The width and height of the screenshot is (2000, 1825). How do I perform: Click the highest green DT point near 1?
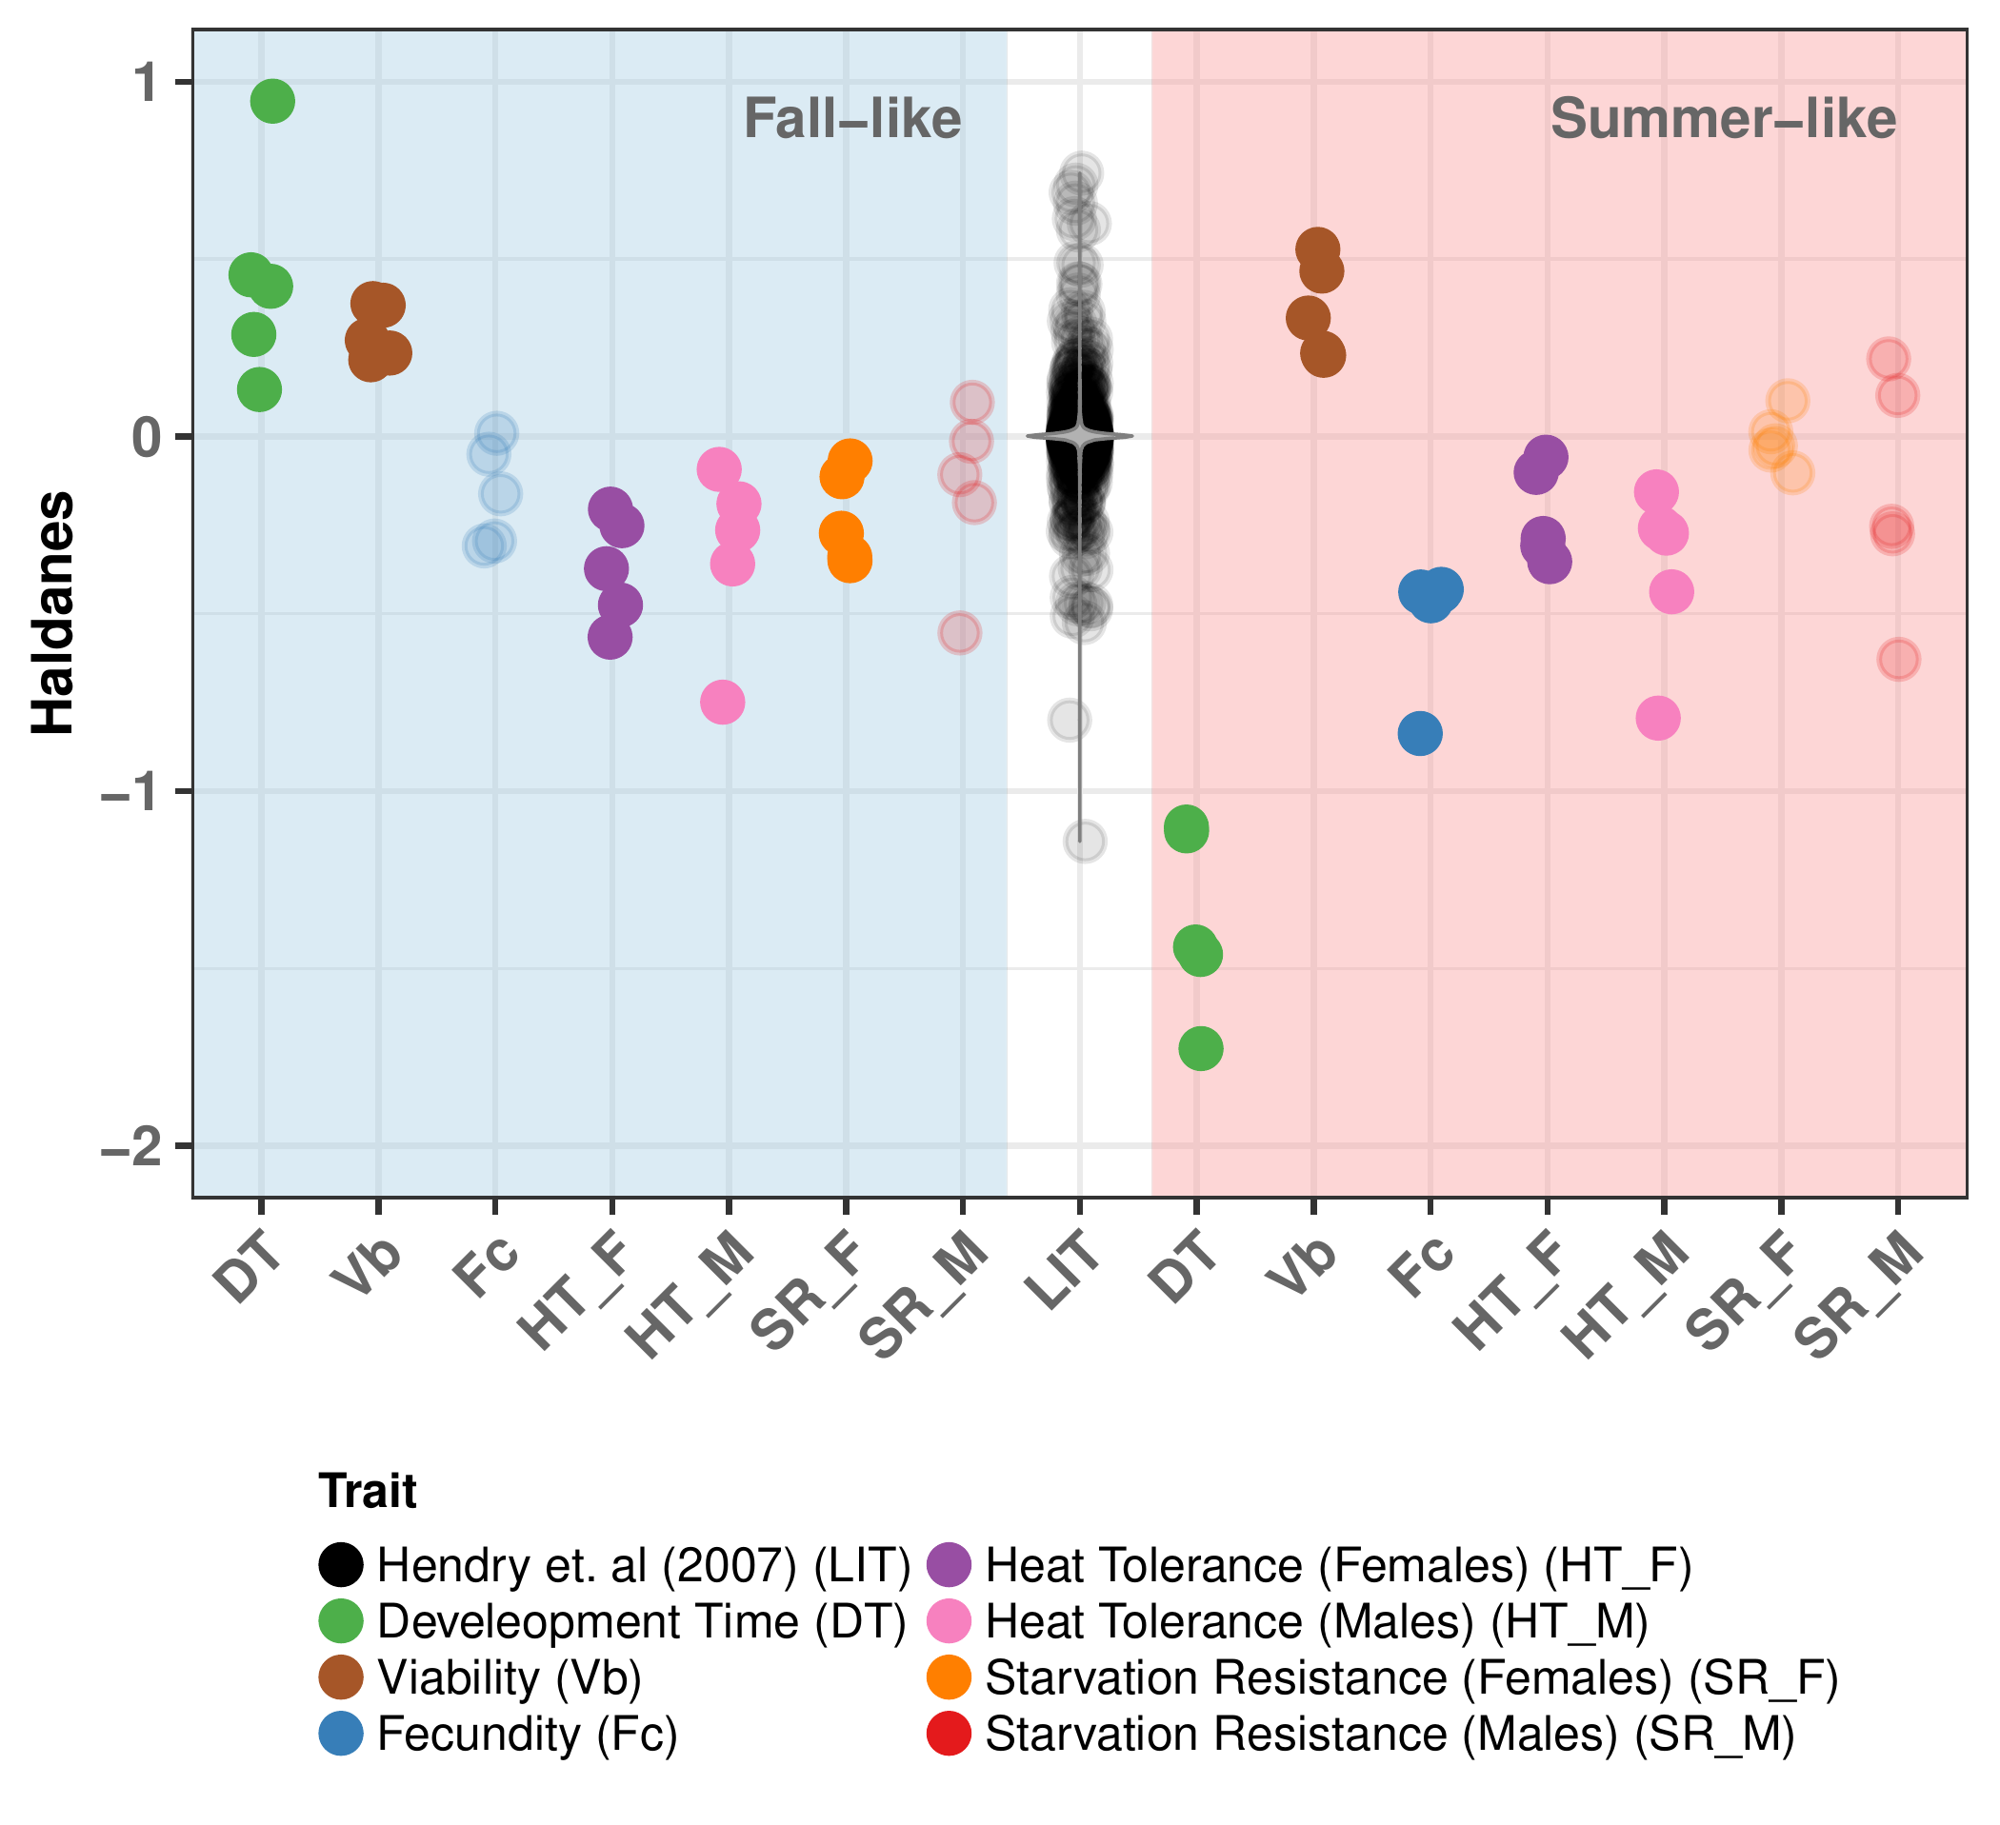click(271, 100)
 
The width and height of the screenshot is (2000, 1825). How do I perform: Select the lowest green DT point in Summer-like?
click(1200, 1048)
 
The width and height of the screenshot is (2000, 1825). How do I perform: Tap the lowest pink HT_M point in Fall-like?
click(722, 703)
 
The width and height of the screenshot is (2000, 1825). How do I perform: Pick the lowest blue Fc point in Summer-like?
click(1420, 734)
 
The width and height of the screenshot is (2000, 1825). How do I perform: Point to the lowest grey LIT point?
click(1086, 841)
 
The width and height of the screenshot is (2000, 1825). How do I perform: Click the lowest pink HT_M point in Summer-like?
click(1658, 717)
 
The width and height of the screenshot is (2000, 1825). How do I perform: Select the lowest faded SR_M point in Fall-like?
click(959, 632)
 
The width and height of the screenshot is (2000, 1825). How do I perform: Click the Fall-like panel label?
click(852, 119)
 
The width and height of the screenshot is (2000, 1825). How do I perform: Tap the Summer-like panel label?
click(1723, 119)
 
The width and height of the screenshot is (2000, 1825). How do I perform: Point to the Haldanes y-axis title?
click(52, 613)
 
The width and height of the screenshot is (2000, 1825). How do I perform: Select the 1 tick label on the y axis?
click(147, 84)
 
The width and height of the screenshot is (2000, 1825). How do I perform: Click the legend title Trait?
click(367, 1491)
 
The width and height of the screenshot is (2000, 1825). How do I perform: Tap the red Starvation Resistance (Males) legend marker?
click(949, 1733)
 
